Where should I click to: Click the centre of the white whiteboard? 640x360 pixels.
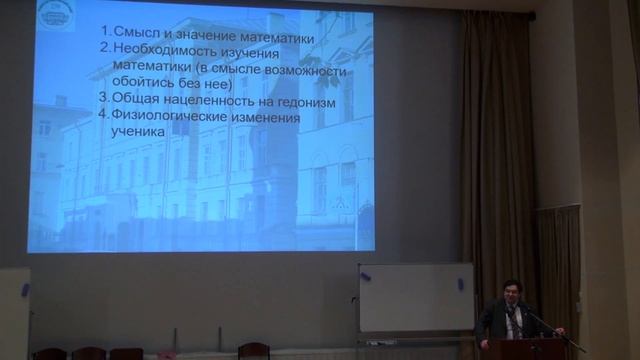416,298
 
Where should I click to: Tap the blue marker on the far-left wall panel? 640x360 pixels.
24,290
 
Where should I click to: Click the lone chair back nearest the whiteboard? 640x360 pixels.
253,350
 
